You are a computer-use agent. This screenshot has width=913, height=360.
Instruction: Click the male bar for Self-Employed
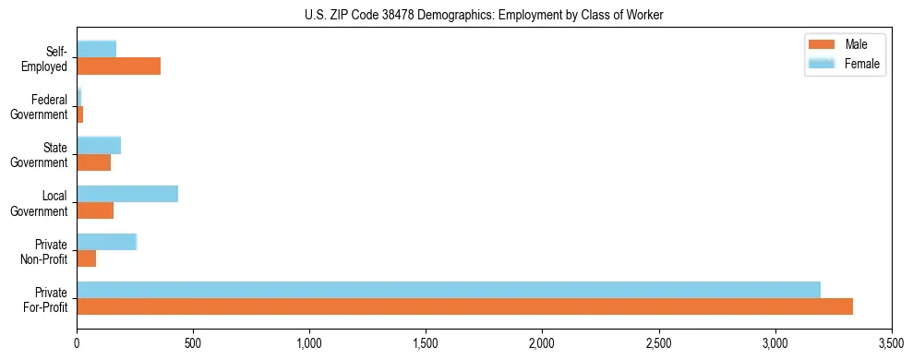click(118, 66)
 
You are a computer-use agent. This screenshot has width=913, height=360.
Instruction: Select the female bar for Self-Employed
click(97, 49)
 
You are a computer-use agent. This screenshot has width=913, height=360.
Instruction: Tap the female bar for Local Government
click(127, 194)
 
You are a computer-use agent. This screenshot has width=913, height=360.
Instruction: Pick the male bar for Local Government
click(95, 210)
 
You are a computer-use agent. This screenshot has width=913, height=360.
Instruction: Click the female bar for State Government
click(99, 145)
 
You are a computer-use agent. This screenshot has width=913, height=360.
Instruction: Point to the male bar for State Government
click(93, 162)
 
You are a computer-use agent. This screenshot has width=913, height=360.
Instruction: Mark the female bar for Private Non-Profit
click(107, 242)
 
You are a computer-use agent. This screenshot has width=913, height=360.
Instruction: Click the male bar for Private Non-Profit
click(87, 258)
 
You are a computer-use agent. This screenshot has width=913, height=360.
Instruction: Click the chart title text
click(484, 15)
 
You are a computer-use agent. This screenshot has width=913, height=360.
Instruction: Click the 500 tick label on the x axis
click(193, 343)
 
